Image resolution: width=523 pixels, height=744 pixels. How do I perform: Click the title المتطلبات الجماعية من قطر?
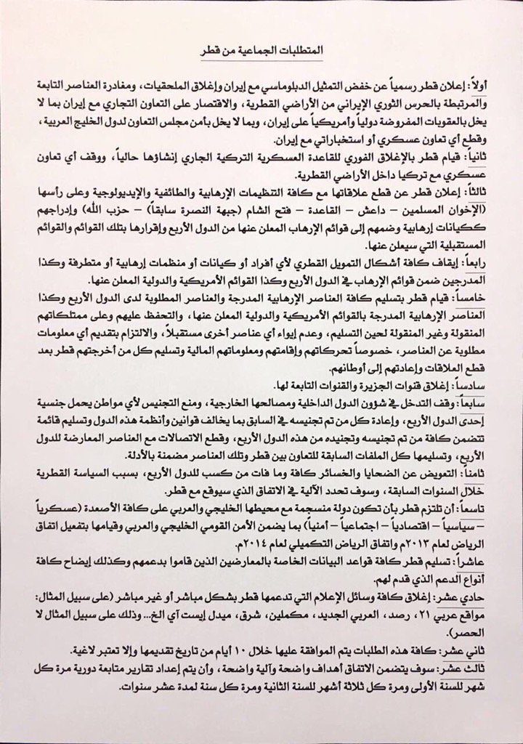tap(263, 57)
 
